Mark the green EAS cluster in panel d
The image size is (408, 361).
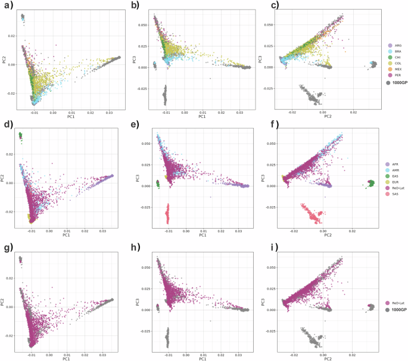20,136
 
